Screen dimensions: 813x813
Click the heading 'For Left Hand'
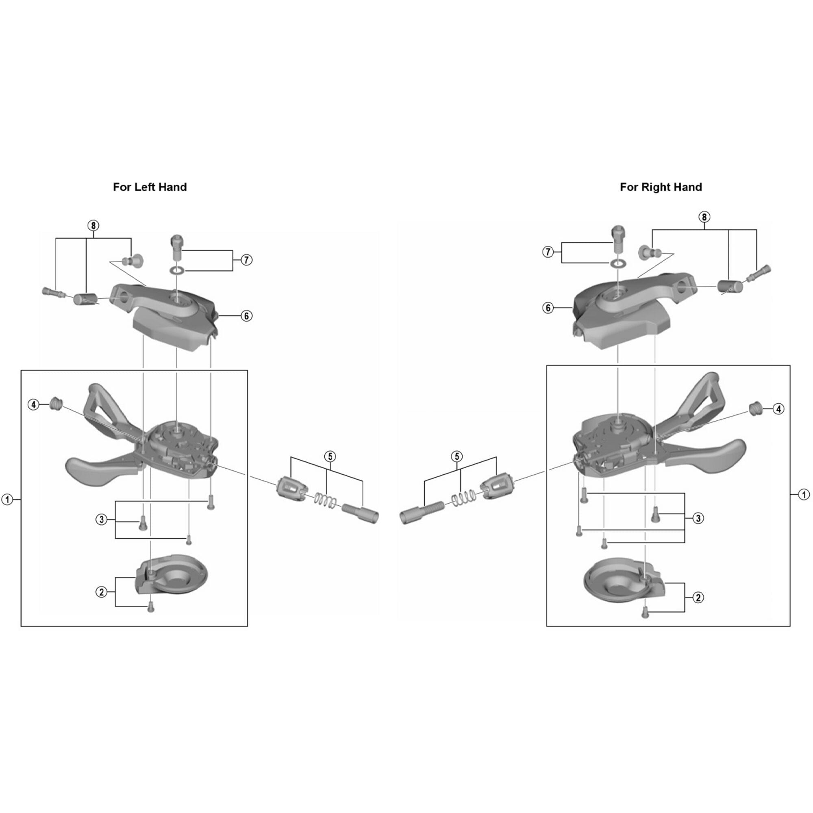150,187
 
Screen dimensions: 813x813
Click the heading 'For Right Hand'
661,187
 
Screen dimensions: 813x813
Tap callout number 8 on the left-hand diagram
93,226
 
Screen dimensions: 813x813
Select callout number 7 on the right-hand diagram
548,252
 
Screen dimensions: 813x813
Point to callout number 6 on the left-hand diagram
247,315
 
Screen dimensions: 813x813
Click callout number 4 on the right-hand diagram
778,409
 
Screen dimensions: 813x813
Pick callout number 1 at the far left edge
7,500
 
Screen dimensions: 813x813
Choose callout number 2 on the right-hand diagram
698,597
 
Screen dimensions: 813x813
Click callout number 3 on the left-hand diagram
101,519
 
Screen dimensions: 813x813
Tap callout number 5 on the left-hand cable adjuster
330,456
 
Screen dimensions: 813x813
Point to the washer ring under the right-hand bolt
617,263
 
